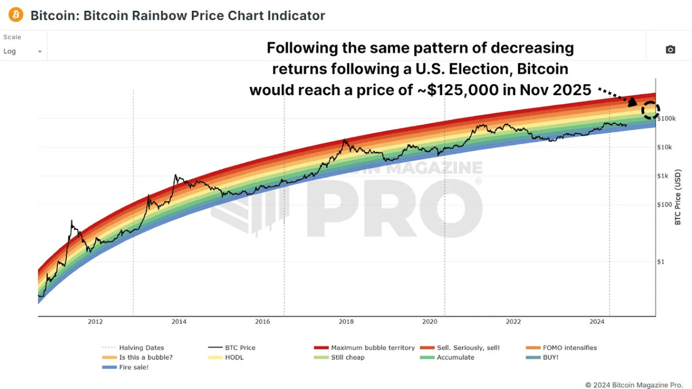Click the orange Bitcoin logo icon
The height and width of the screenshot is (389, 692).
pyautogui.click(x=16, y=15)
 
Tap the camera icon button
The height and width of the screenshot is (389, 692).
pyautogui.click(x=670, y=50)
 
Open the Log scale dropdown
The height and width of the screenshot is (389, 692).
pyautogui.click(x=23, y=51)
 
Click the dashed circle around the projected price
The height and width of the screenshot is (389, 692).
pyautogui.click(x=650, y=109)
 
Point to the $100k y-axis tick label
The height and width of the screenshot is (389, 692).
pyautogui.click(x=668, y=119)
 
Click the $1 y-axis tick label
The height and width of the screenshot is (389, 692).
pyautogui.click(x=663, y=262)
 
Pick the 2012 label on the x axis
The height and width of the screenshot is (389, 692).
pyautogui.click(x=95, y=322)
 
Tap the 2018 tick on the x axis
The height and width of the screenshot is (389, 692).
pyautogui.click(x=347, y=322)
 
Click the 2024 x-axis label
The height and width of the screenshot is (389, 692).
pyautogui.click(x=597, y=322)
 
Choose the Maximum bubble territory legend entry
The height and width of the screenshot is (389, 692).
pyautogui.click(x=373, y=348)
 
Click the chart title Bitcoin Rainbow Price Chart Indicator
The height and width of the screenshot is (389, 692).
pyautogui.click(x=178, y=16)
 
